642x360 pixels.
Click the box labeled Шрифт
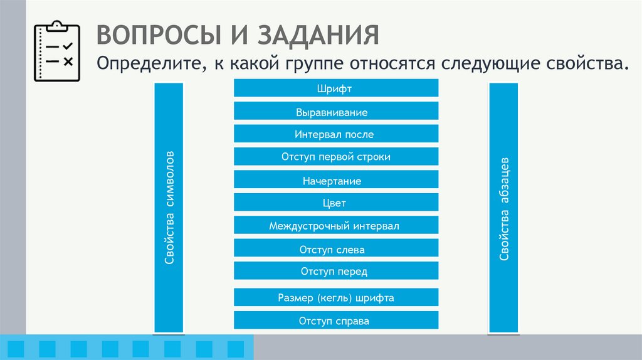tap(335, 88)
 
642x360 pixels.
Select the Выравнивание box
tap(335, 112)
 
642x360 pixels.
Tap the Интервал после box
tap(335, 134)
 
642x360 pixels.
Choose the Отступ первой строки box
tap(335, 157)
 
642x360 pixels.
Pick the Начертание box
tap(335, 180)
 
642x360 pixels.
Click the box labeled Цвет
tap(335, 203)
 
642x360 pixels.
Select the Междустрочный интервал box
tap(335, 226)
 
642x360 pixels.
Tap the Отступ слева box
tap(335, 249)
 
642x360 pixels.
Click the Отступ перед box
tap(335, 271)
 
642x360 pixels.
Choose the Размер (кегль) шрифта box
tap(335, 298)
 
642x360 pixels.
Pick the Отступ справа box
tap(335, 320)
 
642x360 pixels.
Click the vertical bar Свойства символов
tap(169, 207)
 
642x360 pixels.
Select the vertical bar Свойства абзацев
tap(503, 207)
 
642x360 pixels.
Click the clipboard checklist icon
tap(57, 52)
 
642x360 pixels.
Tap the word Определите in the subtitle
tap(148, 64)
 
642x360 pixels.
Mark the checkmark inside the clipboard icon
tap(68, 46)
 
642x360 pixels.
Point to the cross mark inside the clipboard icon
tap(68, 61)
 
